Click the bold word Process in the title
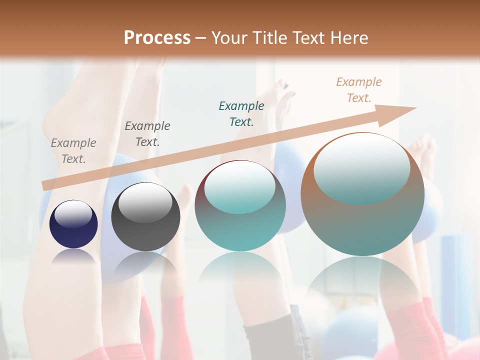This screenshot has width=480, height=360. tap(157, 38)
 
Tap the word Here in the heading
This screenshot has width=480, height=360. tap(349, 38)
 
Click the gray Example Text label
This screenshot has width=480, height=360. tap(73, 151)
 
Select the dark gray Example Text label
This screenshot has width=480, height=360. tap(147, 134)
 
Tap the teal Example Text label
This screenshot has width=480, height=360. tap(241, 113)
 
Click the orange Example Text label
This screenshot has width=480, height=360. tap(359, 89)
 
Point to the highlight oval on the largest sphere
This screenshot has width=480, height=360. tap(362, 167)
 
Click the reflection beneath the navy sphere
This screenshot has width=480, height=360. tap(74, 257)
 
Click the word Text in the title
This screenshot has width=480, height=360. tap(310, 38)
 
